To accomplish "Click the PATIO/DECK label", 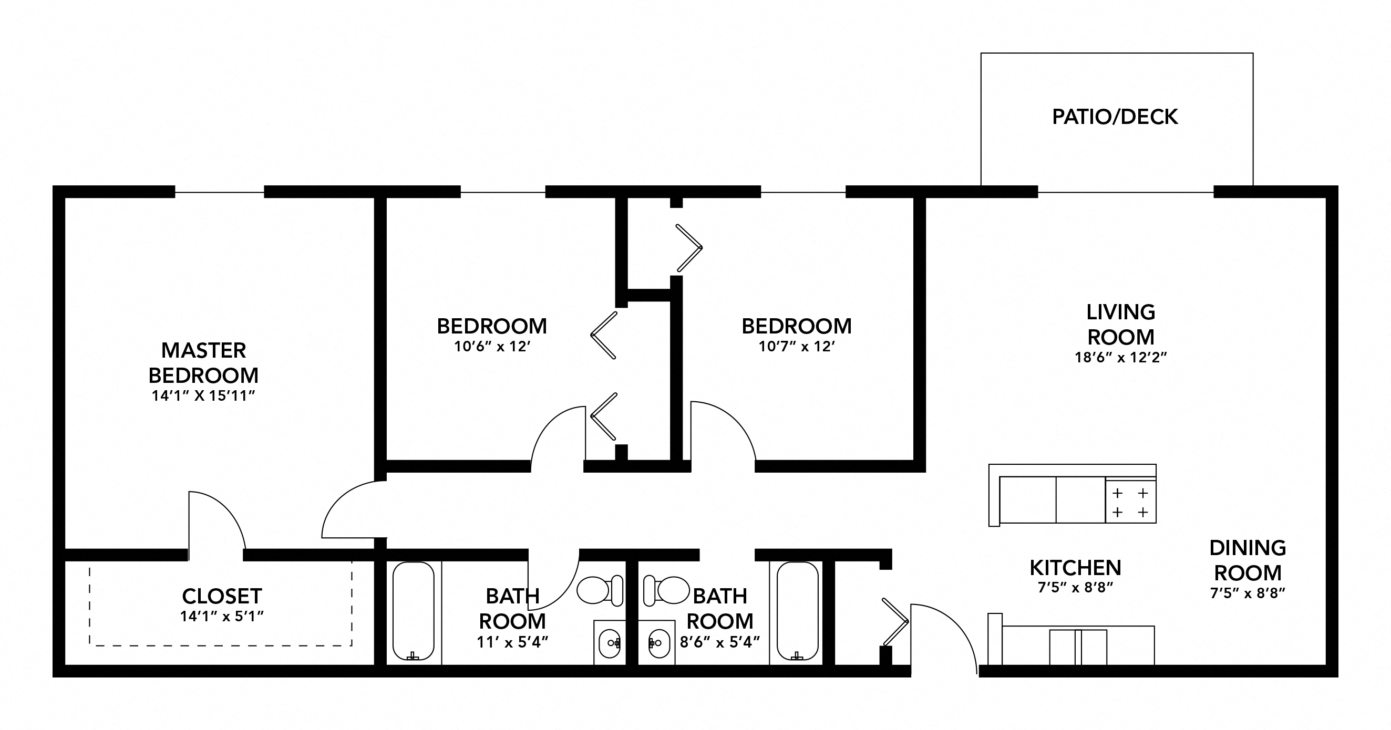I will click(1115, 117).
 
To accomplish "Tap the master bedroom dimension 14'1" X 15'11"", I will click(203, 396).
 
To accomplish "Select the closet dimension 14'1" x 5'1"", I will click(221, 616).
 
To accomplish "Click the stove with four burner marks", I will click(1130, 502).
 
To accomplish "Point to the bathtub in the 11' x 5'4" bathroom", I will click(413, 611).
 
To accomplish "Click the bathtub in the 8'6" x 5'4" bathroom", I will click(797, 611).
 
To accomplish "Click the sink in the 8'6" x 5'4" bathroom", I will click(659, 643).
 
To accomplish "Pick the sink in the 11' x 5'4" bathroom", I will click(610, 643).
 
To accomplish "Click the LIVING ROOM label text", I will click(1121, 324).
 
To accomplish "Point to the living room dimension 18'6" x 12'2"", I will click(1121, 357).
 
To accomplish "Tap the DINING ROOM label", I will click(1248, 560).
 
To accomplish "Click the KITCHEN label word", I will click(1075, 568).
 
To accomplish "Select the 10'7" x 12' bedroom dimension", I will click(797, 347).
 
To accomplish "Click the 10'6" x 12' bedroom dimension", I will click(492, 347).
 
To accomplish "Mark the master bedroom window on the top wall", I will click(219, 192).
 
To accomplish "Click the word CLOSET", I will click(222, 596).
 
